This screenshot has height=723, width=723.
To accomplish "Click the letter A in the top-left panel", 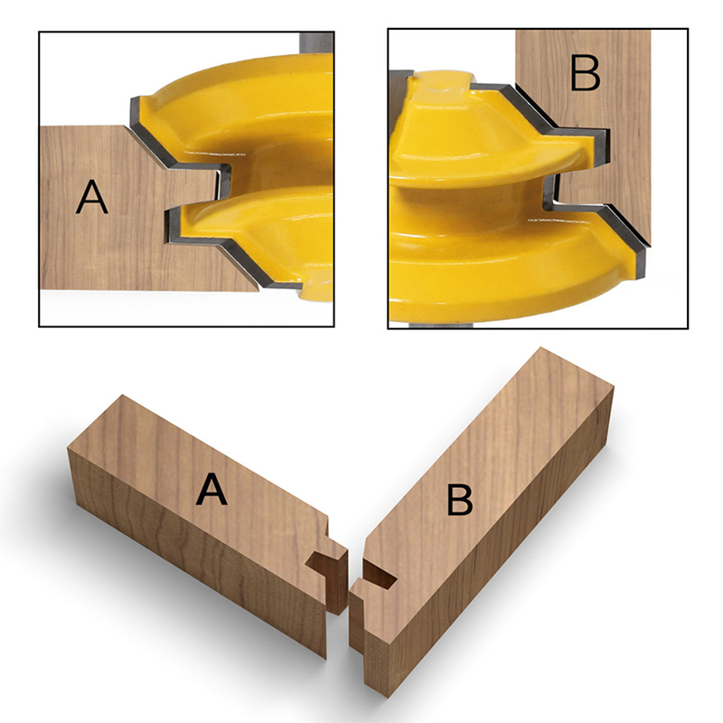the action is point(92,197).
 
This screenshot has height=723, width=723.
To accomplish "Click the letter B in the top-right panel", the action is point(585,73).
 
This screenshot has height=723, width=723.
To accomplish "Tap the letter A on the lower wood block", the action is point(211,490).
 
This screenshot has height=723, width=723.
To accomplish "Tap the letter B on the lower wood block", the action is point(460,500).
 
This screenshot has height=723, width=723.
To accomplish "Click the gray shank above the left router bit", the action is point(317,42).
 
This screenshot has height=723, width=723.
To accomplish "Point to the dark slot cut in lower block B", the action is point(380,575).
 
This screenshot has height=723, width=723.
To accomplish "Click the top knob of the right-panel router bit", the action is point(442,83).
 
